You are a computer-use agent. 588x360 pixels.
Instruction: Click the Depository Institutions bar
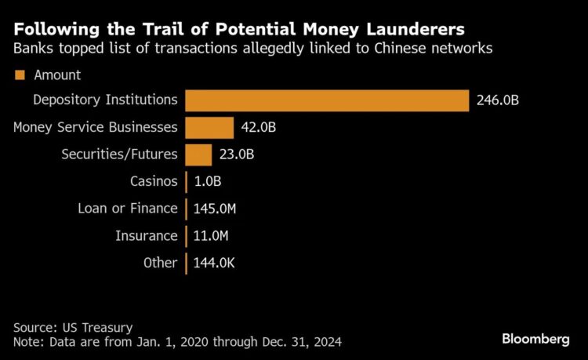327,100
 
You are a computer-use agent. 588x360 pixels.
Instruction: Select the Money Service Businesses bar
209,128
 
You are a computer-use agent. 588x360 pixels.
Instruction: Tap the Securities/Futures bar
198,155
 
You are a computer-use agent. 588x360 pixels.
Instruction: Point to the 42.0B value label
258,128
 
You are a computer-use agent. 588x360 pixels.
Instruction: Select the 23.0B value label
236,155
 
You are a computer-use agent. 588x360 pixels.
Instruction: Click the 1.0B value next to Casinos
207,182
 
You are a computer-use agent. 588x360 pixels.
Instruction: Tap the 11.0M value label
212,235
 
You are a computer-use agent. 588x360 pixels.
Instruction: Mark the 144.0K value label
214,263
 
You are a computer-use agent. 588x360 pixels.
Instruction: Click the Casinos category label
154,182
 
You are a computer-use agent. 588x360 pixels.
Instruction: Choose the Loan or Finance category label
128,209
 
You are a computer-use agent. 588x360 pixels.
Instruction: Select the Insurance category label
147,235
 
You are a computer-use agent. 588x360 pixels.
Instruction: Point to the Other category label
161,263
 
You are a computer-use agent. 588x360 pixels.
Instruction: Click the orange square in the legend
20,75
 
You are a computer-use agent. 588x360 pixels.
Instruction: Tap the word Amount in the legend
57,75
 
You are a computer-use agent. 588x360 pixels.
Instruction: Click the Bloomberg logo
535,338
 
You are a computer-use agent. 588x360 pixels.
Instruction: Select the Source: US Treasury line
73,327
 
